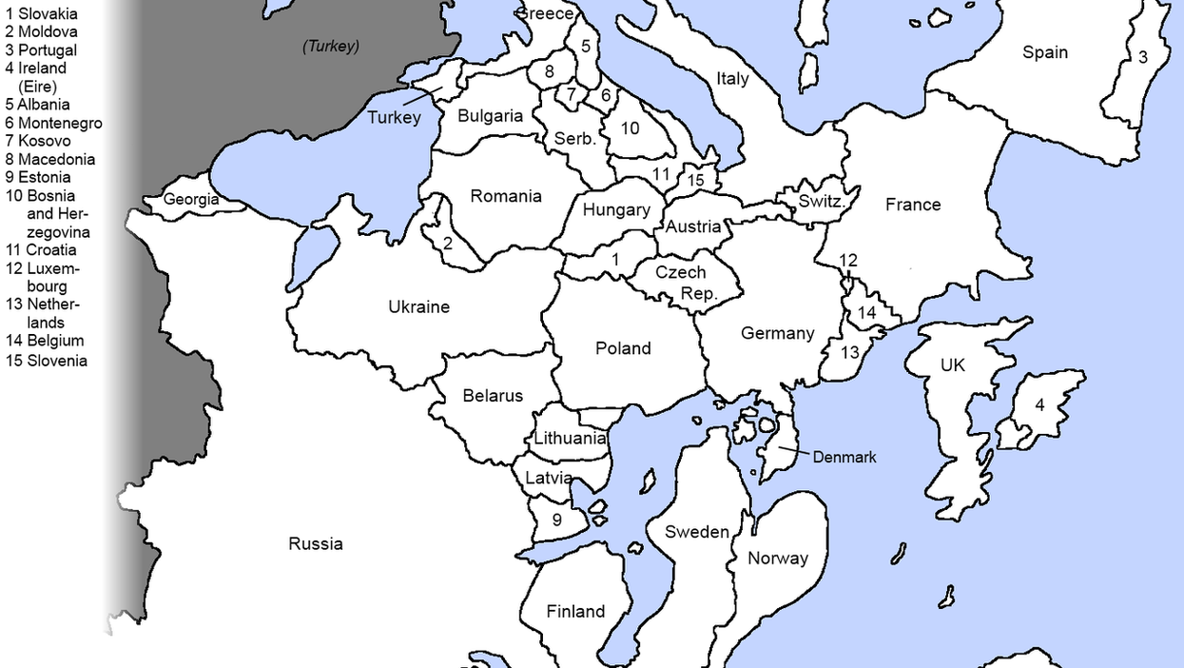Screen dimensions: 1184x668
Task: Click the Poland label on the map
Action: coord(623,348)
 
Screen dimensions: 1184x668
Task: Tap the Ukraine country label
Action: coord(418,306)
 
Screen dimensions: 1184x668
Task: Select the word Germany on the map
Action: coord(777,333)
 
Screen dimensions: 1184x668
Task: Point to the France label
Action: coord(912,204)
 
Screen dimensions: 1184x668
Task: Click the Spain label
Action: coord(1044,52)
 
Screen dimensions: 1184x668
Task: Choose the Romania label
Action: coord(505,196)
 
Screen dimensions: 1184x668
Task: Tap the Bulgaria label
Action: coord(490,116)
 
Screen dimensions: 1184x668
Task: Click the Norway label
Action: coord(777,559)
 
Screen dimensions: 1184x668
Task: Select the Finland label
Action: coord(574,611)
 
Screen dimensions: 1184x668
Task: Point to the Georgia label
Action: coord(190,200)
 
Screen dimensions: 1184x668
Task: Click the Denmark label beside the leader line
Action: coord(844,457)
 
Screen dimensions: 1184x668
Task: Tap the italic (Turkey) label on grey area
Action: coord(330,46)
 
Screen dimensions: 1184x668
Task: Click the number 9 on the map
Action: coord(556,520)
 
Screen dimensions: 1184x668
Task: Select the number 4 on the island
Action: coord(1039,405)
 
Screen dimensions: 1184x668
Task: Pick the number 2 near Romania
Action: coord(447,242)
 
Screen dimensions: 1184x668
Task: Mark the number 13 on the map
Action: coord(849,353)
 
